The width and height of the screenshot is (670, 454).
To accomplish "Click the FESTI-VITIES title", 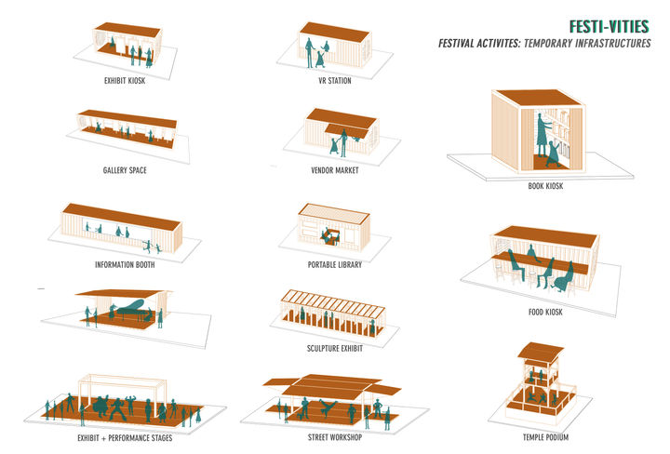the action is [609, 26].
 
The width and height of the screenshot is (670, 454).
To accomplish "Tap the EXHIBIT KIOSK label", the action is [125, 80].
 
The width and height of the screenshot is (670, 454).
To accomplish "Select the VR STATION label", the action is [335, 80].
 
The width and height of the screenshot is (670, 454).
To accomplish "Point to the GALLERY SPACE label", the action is [125, 170].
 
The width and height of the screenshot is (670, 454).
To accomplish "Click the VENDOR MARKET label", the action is [335, 170].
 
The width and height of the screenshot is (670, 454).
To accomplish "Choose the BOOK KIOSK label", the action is [545, 186].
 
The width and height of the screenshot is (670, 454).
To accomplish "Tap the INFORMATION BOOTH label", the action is [125, 265].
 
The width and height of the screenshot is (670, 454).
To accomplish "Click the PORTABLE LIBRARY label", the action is [335, 265].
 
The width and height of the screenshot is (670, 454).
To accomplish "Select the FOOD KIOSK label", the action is [545, 312].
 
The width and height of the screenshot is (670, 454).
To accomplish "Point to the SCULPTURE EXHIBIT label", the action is [335, 349].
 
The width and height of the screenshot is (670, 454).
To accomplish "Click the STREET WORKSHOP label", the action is [335, 437].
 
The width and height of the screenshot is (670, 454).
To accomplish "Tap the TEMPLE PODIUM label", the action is [545, 437].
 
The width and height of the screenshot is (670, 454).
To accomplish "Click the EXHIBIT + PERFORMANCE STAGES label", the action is [125, 438].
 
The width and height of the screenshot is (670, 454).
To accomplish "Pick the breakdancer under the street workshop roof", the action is [328, 407].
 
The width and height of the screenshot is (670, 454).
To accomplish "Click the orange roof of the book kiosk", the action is [538, 98].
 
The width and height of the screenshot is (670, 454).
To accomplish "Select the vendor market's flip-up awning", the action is [345, 130].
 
